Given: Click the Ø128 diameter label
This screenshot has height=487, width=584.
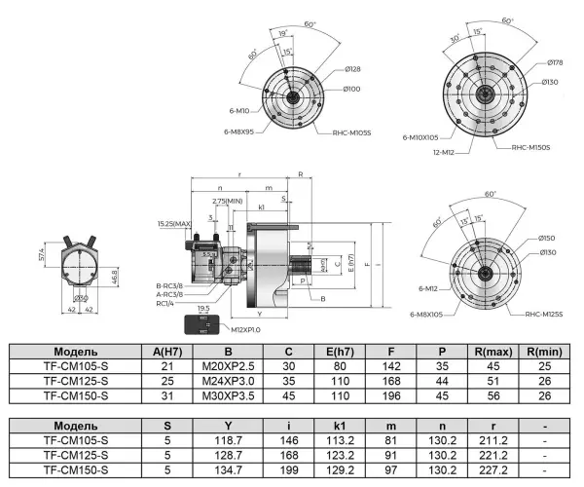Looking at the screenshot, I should click(x=353, y=69).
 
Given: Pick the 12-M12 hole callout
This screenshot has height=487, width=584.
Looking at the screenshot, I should click(x=415, y=152).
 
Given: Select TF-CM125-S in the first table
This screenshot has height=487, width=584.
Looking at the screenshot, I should click(x=75, y=382).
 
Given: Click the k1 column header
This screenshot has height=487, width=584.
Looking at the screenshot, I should click(x=338, y=425).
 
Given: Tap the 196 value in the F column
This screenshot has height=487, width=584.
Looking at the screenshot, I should click(x=391, y=396).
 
